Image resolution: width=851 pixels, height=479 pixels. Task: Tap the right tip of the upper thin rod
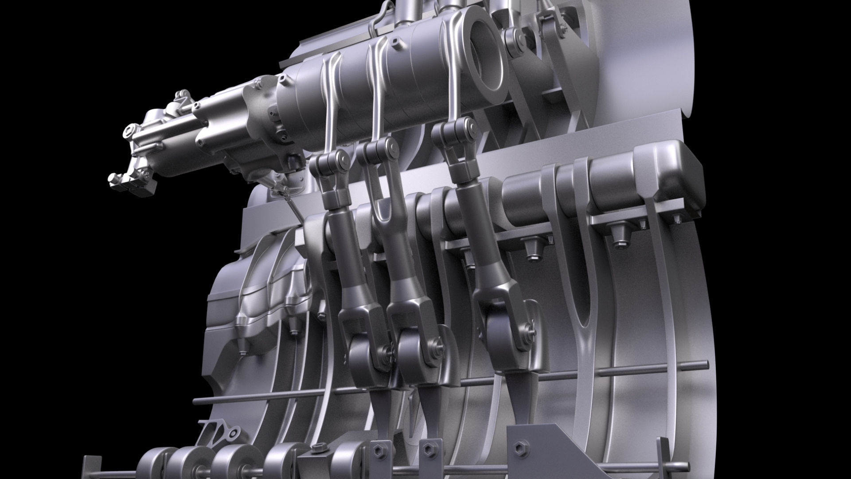coord(705,365)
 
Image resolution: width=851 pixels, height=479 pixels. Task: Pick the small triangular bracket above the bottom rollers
coord(219,432)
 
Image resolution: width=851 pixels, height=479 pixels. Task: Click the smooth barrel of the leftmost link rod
coord(342,226)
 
